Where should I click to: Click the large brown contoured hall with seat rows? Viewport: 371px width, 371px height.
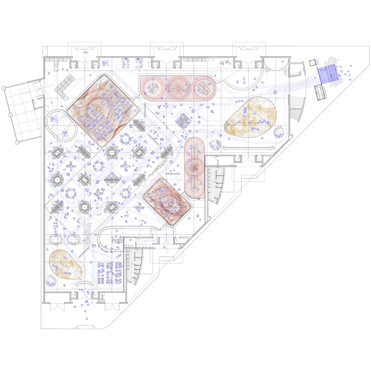103,110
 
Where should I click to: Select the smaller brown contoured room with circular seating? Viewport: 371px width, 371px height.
166,201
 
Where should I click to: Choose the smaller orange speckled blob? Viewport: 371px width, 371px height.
65,264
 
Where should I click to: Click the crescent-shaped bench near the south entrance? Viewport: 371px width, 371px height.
83,285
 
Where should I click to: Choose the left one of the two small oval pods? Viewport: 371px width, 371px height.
56,239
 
